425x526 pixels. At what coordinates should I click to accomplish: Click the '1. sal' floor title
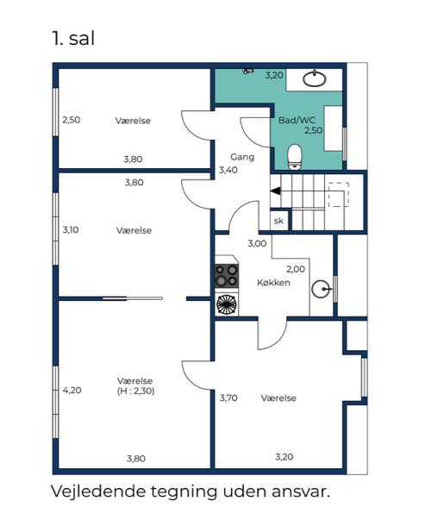click(73, 38)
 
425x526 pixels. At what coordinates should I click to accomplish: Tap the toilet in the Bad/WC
click(295, 156)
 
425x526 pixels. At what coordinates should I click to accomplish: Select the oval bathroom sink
click(315, 78)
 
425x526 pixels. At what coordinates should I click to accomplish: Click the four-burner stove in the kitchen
click(227, 276)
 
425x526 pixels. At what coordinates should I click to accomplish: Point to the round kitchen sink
click(320, 289)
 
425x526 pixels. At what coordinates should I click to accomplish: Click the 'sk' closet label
click(278, 221)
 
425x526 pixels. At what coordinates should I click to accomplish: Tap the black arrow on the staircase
click(276, 191)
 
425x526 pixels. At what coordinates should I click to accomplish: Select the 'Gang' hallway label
click(242, 157)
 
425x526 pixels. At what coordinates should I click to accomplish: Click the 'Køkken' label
click(274, 283)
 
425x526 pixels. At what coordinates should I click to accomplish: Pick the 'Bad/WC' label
click(297, 120)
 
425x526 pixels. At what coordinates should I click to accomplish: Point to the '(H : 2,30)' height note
click(135, 391)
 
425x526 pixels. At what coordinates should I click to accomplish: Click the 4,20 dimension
click(72, 390)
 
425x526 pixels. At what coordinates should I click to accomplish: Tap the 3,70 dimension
click(228, 398)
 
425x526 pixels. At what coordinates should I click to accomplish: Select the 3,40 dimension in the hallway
click(228, 170)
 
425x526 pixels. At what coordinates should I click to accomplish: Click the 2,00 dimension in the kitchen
click(296, 269)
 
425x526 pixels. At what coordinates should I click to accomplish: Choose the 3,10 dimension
click(71, 229)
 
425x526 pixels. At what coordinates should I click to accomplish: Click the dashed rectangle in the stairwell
click(339, 195)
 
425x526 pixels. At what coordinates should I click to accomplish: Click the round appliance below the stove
click(227, 304)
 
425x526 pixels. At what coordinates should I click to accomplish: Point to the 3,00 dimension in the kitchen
click(257, 243)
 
